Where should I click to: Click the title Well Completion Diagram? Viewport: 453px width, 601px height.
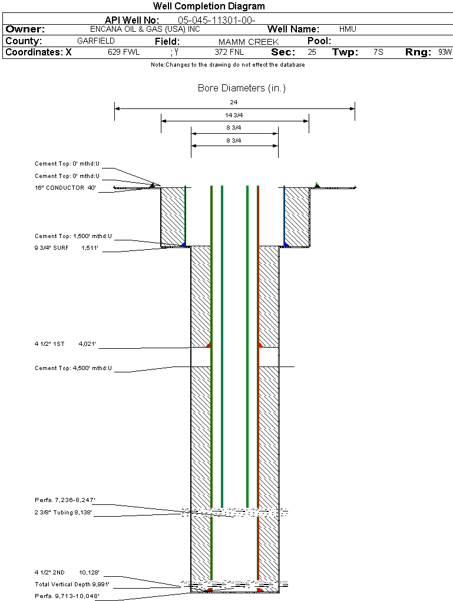point(209,6)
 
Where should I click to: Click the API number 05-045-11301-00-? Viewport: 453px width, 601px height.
point(216,20)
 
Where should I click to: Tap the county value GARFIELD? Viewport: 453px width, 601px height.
point(96,41)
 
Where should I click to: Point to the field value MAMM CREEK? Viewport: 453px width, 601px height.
point(248,42)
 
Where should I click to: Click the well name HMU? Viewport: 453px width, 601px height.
point(348,29)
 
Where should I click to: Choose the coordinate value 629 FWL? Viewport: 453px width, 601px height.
point(124,52)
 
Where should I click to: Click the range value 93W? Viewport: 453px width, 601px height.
point(445,52)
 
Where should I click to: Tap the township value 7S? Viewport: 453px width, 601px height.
point(378,52)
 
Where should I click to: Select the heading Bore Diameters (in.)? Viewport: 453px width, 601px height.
point(242,88)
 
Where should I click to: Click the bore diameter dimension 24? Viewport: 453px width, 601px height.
point(233,103)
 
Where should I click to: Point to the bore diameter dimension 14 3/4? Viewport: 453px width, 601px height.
point(233,115)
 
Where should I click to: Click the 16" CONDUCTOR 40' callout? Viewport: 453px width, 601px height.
point(65,188)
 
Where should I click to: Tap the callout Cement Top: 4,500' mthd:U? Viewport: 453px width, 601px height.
point(73,369)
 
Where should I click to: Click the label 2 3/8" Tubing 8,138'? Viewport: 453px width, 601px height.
point(65,513)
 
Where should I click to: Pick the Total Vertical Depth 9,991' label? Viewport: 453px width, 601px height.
point(72,585)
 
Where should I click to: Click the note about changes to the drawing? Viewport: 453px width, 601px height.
point(228,65)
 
